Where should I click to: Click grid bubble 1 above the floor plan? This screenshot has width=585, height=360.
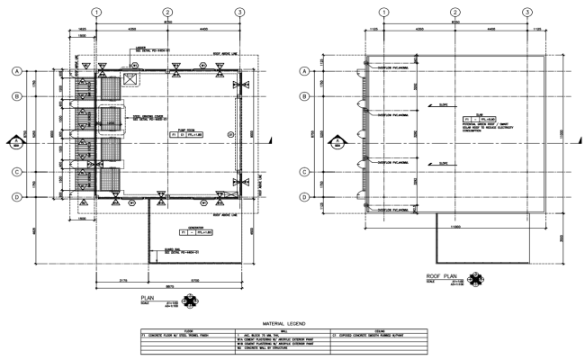point(96,12)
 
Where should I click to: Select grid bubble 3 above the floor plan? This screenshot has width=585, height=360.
point(239,12)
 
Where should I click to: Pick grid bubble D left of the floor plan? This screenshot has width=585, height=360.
point(16,196)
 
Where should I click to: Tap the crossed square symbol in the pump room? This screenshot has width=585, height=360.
point(129,79)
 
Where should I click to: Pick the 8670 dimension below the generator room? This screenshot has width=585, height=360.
point(168,287)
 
